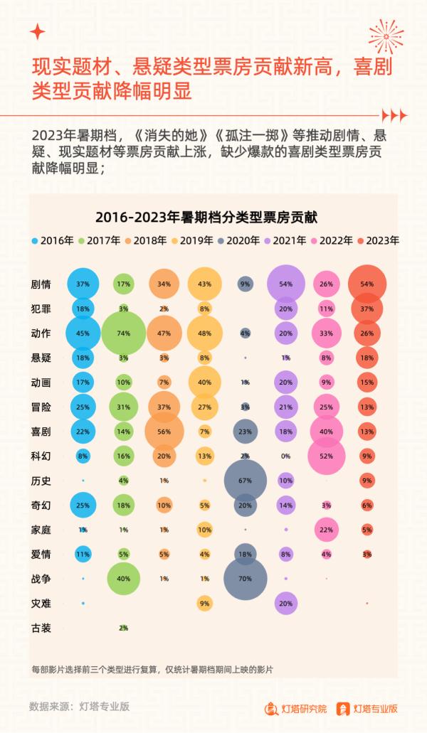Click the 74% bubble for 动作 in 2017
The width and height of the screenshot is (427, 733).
(x=124, y=332)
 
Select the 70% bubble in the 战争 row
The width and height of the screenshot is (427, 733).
(x=246, y=578)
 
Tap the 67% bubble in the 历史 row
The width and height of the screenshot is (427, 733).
(x=246, y=480)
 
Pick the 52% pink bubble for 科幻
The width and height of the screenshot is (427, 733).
(x=327, y=455)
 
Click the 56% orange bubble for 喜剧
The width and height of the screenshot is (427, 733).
(x=164, y=431)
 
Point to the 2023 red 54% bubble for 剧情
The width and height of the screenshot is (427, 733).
(x=367, y=284)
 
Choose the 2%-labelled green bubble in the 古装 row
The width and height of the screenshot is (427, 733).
(x=124, y=628)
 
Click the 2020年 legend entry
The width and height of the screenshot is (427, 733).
(x=239, y=240)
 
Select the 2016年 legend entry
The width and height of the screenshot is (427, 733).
(x=53, y=240)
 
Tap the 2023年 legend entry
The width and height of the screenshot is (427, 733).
(x=378, y=240)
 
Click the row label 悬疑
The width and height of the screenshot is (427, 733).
(x=42, y=357)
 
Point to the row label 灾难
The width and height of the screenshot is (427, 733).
(x=42, y=603)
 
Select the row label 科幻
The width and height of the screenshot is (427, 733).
(x=42, y=456)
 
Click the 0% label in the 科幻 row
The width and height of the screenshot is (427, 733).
(x=286, y=456)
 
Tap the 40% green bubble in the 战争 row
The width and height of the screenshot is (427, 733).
(x=124, y=578)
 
